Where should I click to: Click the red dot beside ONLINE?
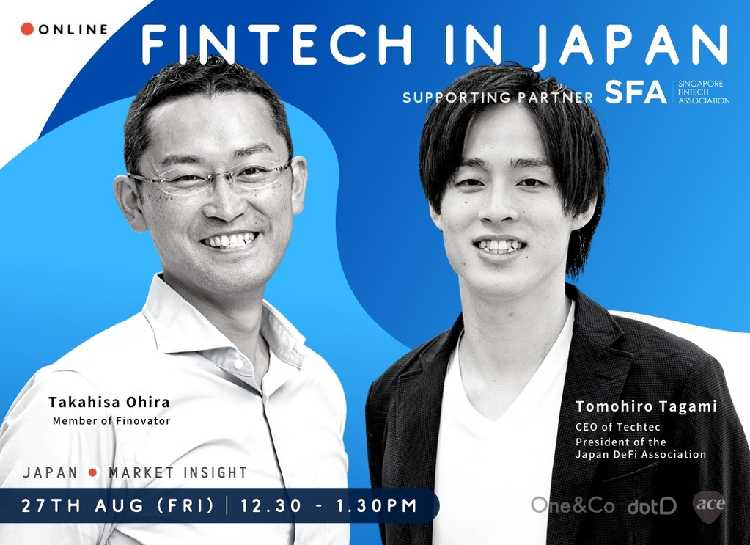27,29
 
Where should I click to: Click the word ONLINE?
73,29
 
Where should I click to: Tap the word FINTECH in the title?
276,44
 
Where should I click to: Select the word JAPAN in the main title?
630,45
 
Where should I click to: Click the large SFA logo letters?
635,92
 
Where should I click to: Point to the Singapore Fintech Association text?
704,92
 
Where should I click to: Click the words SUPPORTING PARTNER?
498,98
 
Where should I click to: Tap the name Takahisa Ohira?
109,402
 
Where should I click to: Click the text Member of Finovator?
111,421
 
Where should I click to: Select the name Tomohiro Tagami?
646,406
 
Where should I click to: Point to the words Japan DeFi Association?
641,454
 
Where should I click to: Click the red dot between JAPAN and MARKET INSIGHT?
93,472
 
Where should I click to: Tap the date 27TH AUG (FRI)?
117,505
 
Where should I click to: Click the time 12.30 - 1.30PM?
328,505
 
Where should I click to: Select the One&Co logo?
573,505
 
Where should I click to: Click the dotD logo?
652,506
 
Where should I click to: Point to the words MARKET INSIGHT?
178,472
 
